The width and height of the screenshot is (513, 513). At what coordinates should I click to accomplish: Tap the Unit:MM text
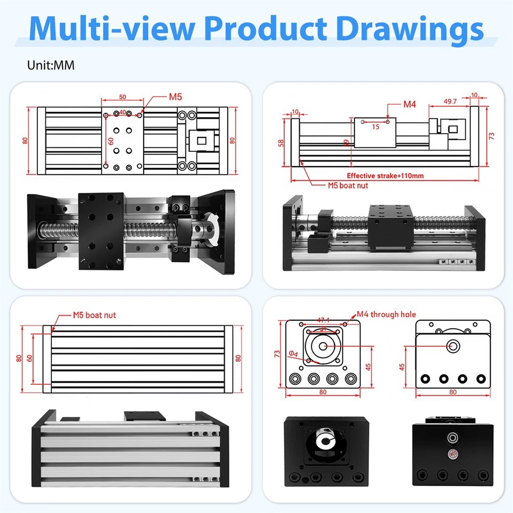[51, 65]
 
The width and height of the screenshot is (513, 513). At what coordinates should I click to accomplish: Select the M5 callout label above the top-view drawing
[176, 97]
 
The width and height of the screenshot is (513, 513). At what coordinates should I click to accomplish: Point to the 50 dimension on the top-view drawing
[122, 97]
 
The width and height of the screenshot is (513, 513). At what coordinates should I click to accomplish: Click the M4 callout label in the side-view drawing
[409, 104]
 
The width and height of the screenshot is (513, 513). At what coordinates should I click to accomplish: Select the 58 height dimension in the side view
[281, 143]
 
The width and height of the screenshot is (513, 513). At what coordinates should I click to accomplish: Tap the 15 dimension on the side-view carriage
[376, 127]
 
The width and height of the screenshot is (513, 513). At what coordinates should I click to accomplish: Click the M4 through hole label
[386, 315]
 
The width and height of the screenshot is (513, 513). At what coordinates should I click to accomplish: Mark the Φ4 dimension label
[293, 353]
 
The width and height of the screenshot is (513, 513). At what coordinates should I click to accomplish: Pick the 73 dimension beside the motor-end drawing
[277, 354]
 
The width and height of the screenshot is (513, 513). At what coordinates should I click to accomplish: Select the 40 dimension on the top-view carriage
[122, 112]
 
